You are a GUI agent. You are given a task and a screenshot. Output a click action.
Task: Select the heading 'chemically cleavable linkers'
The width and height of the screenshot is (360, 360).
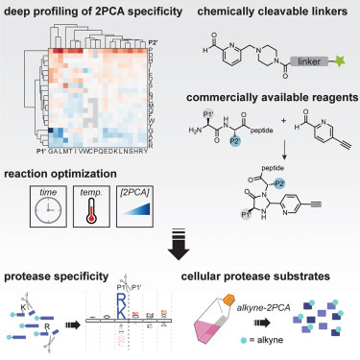(272, 12)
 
